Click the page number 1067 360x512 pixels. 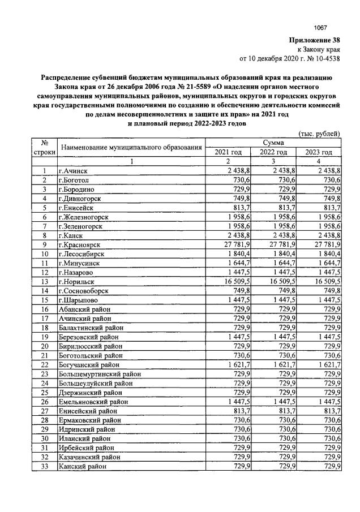coord(321,28)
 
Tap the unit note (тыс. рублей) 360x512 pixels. coord(319,134)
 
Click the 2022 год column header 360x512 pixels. coord(274,152)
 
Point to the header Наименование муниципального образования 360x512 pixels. coord(131,148)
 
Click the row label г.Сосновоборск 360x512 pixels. coord(85,290)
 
